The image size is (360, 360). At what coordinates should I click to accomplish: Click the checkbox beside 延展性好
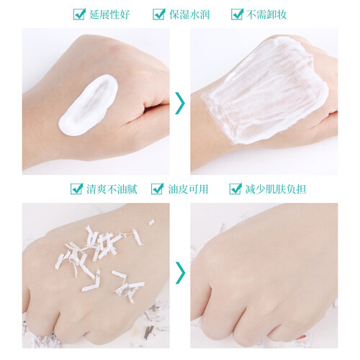[x=79, y=14]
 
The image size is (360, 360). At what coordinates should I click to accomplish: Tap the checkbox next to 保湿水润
[x=159, y=14]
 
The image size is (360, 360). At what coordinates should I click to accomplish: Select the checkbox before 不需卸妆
[x=237, y=14]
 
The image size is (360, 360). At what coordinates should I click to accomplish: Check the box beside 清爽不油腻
[x=76, y=189]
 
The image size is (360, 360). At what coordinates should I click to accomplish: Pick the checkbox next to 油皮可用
[x=157, y=189]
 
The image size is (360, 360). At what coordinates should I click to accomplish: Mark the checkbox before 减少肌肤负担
[x=235, y=189]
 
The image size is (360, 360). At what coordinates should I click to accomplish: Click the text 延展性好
[x=109, y=14]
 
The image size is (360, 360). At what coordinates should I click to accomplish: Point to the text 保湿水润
[x=189, y=14]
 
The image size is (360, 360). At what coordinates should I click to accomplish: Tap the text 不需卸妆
[x=266, y=14]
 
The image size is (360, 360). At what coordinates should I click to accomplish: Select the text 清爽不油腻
[x=112, y=189]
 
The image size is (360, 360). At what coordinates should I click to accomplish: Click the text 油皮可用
[x=188, y=189]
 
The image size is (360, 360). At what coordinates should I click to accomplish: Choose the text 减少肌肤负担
[x=276, y=189]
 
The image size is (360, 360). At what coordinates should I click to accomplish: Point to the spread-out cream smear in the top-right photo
[x=264, y=91]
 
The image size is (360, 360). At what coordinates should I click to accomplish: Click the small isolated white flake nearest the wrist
[x=151, y=222]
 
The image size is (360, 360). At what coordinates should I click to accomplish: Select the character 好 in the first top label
[x=125, y=14]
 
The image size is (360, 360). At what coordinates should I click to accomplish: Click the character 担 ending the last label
[x=301, y=189]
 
